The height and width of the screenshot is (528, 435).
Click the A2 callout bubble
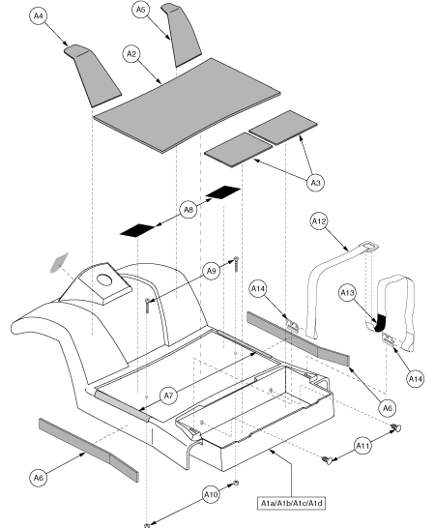pyautogui.click(x=130, y=55)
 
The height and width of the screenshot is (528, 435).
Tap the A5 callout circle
pyautogui.click(x=141, y=10)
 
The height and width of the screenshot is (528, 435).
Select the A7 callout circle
pyautogui.click(x=168, y=395)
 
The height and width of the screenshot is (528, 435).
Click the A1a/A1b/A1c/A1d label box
pyautogui.click(x=289, y=503)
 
